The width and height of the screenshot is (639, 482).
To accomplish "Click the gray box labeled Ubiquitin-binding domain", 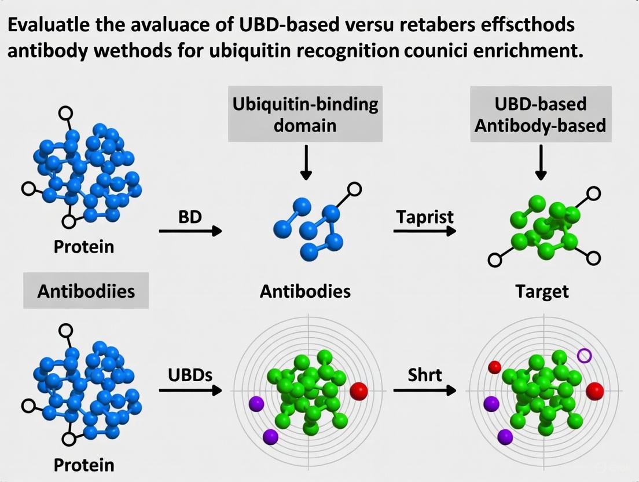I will (x=305, y=114).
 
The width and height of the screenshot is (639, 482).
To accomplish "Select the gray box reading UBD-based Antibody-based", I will (x=540, y=114).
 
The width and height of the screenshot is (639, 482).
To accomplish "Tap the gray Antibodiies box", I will (x=86, y=290).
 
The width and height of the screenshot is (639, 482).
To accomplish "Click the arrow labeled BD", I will (x=190, y=231).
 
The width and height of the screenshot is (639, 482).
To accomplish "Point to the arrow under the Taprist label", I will (x=424, y=231).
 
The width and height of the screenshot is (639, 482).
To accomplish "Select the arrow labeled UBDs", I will (x=190, y=390).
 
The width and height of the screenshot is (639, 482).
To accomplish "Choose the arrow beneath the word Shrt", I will (x=424, y=390).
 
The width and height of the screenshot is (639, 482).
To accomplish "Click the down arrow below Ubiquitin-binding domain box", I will (x=306, y=162).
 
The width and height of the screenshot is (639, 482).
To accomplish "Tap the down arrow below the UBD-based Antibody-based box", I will (x=541, y=162).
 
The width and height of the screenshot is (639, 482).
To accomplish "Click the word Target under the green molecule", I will (x=542, y=291).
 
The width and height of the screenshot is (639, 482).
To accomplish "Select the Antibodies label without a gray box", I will (x=305, y=291).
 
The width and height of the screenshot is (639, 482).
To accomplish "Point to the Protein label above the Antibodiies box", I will (x=84, y=247).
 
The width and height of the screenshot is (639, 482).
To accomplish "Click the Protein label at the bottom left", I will (x=84, y=465).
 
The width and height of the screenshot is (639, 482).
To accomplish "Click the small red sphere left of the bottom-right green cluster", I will (x=494, y=367).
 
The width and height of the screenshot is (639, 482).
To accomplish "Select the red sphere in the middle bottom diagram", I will (x=359, y=391).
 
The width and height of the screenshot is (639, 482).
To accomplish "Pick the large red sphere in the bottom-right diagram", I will (x=594, y=391).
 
